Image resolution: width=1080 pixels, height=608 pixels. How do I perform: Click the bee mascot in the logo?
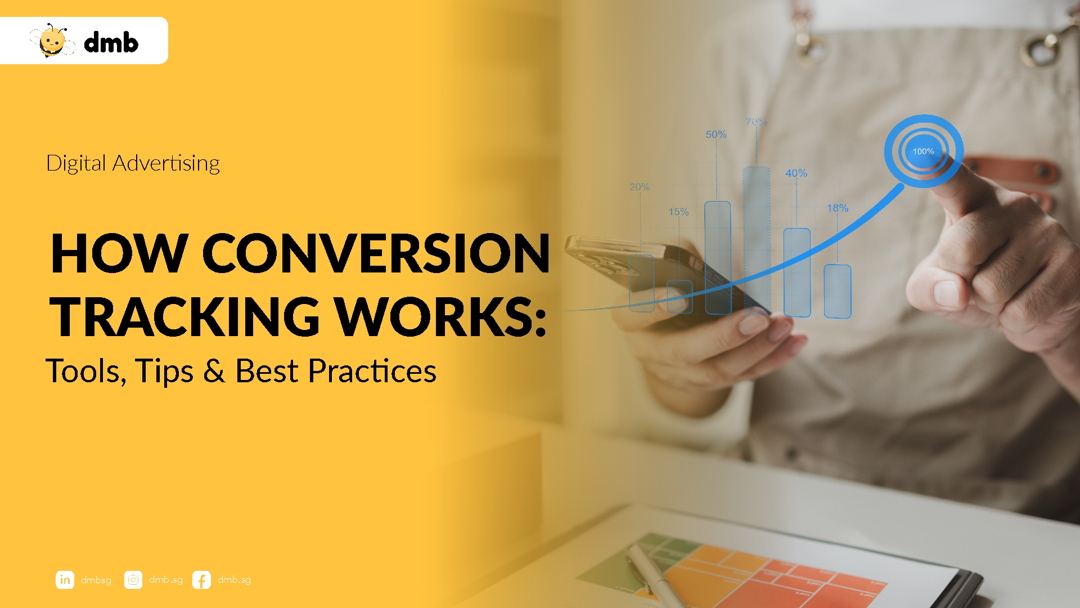pos(52,41)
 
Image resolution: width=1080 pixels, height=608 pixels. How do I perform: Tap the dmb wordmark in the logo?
pos(111,43)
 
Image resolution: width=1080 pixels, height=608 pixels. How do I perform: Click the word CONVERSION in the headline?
pos(376,253)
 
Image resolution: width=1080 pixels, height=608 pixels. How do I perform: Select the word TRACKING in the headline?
pos(185,317)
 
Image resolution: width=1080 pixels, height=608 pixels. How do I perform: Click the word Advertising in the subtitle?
pos(166,163)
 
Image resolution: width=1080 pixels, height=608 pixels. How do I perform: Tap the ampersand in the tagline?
pos(214,370)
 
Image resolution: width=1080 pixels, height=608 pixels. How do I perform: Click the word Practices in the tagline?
pos(372,370)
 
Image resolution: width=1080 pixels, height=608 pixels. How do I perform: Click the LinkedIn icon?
pos(65,579)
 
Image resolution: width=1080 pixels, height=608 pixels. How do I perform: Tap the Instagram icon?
pos(133,579)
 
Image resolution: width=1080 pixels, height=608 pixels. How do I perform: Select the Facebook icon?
pos(201,579)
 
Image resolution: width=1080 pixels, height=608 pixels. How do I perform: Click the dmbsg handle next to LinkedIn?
pos(96,580)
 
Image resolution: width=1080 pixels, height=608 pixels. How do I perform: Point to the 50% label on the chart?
pos(716,135)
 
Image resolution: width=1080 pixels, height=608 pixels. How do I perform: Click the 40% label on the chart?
pos(796,173)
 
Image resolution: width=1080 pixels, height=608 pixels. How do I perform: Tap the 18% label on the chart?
pos(838,208)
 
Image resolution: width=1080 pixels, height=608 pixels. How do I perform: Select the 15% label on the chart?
pos(678,212)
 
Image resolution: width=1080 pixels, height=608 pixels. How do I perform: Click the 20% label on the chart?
pos(640,187)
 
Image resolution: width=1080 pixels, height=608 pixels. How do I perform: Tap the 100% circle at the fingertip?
pos(923,151)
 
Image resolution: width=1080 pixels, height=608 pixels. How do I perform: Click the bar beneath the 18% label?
pos(837,291)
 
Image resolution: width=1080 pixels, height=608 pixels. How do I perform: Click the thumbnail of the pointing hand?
pos(947,293)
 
